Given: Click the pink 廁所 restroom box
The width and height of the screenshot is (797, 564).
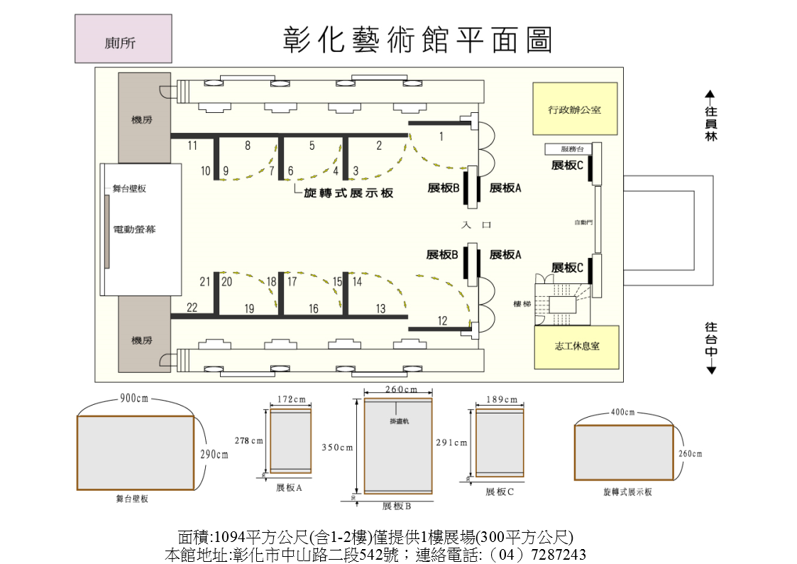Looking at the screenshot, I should tap(123, 39).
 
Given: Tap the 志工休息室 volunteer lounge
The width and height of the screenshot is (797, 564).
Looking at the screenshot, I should tap(576, 347).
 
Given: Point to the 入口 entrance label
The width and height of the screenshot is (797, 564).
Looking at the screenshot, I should tap(476, 224).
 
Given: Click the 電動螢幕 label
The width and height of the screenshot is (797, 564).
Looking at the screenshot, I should tap(135, 229).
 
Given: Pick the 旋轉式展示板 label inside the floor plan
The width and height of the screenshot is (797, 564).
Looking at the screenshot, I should tap(348, 193).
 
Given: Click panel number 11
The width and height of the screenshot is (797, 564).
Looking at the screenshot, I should tap(192, 146).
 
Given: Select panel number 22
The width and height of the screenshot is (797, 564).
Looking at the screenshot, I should tap(192, 308).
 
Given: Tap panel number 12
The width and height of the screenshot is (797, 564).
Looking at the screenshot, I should tap(442, 321).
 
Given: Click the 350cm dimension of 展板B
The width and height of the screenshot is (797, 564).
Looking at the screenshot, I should tap(337, 448).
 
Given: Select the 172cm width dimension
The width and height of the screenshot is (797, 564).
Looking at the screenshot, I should tap(290, 399).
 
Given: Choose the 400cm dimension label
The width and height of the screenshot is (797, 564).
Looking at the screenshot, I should tap(624, 412).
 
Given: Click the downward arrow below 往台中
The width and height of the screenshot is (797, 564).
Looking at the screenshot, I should tap(711, 370).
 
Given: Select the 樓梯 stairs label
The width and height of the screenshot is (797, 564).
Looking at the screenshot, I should tap(522, 304).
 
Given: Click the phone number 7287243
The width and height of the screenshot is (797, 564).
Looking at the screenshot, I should tap(559, 555).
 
